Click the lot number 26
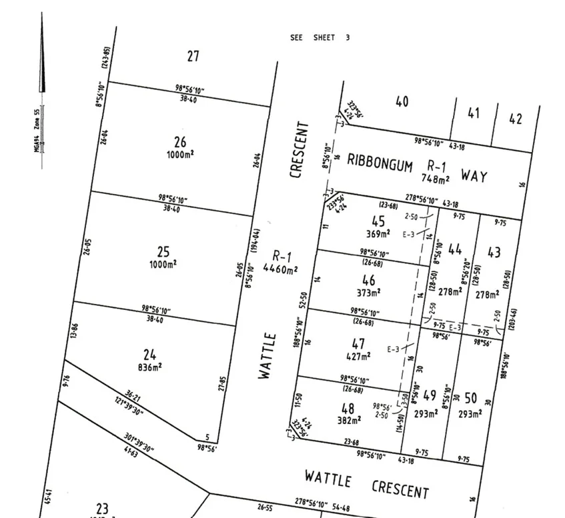coord(180,142)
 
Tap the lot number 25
coord(163,252)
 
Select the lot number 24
coord(149,355)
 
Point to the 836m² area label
coord(150,366)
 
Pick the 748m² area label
coord(435,179)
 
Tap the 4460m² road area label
coord(280,270)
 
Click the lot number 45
coord(378,222)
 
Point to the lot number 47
coord(358,344)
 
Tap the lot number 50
coord(471,399)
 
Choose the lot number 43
coord(494,253)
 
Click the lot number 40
coord(402,102)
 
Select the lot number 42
coord(516,119)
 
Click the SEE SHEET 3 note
coord(320,38)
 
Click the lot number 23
coord(102,509)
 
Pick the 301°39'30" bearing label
coord(139,441)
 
